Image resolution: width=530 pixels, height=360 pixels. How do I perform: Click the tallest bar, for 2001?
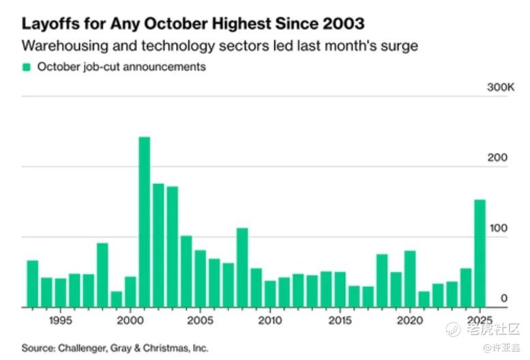pos(144,222)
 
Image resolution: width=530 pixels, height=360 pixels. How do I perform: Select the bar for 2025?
pos(480,254)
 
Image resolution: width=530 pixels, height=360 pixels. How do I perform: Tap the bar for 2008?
pos(242,267)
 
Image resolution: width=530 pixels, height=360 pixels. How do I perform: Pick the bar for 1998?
pos(102,275)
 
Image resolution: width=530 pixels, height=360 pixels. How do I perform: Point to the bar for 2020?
pos(410,279)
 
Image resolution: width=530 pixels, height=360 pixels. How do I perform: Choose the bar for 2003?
pos(172,247)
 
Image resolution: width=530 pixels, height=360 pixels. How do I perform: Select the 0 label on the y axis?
pos(503,299)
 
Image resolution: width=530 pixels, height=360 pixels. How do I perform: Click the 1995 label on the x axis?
pos(60,319)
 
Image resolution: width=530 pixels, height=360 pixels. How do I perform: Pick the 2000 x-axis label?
pos(130,319)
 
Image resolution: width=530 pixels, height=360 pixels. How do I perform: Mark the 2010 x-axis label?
pos(270,319)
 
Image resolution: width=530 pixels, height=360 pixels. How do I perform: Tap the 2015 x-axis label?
pos(340,319)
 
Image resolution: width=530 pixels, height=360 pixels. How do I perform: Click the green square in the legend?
pos(27,67)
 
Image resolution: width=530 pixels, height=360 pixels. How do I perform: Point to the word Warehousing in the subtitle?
pos(57,46)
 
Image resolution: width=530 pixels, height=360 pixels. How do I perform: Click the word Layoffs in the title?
pos(48,23)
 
